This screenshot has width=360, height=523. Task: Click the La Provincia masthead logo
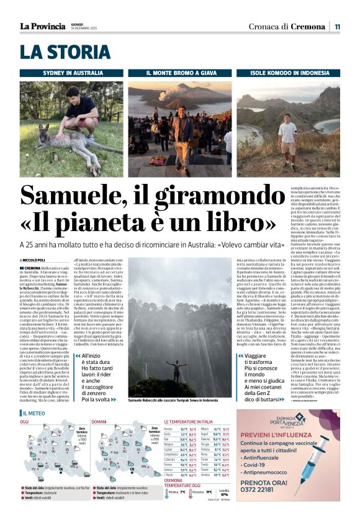point(42,26)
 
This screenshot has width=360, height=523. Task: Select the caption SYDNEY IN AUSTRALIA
point(73,73)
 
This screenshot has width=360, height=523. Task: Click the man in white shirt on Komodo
point(287,139)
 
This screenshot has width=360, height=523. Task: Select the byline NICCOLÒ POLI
point(33,260)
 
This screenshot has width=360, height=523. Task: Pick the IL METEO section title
point(34,413)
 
